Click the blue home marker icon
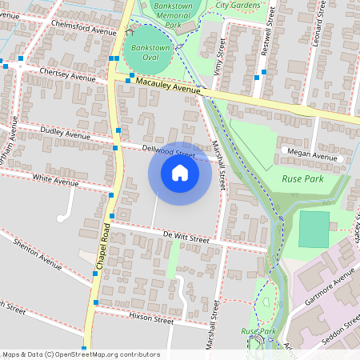click(x=180, y=173)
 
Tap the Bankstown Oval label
click(x=145, y=53)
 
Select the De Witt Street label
click(x=186, y=238)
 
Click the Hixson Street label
click(x=150, y=319)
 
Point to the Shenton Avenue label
click(x=38, y=257)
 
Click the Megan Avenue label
click(x=312, y=156)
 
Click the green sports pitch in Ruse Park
click(x=314, y=229)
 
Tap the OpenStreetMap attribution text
click(x=81, y=354)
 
